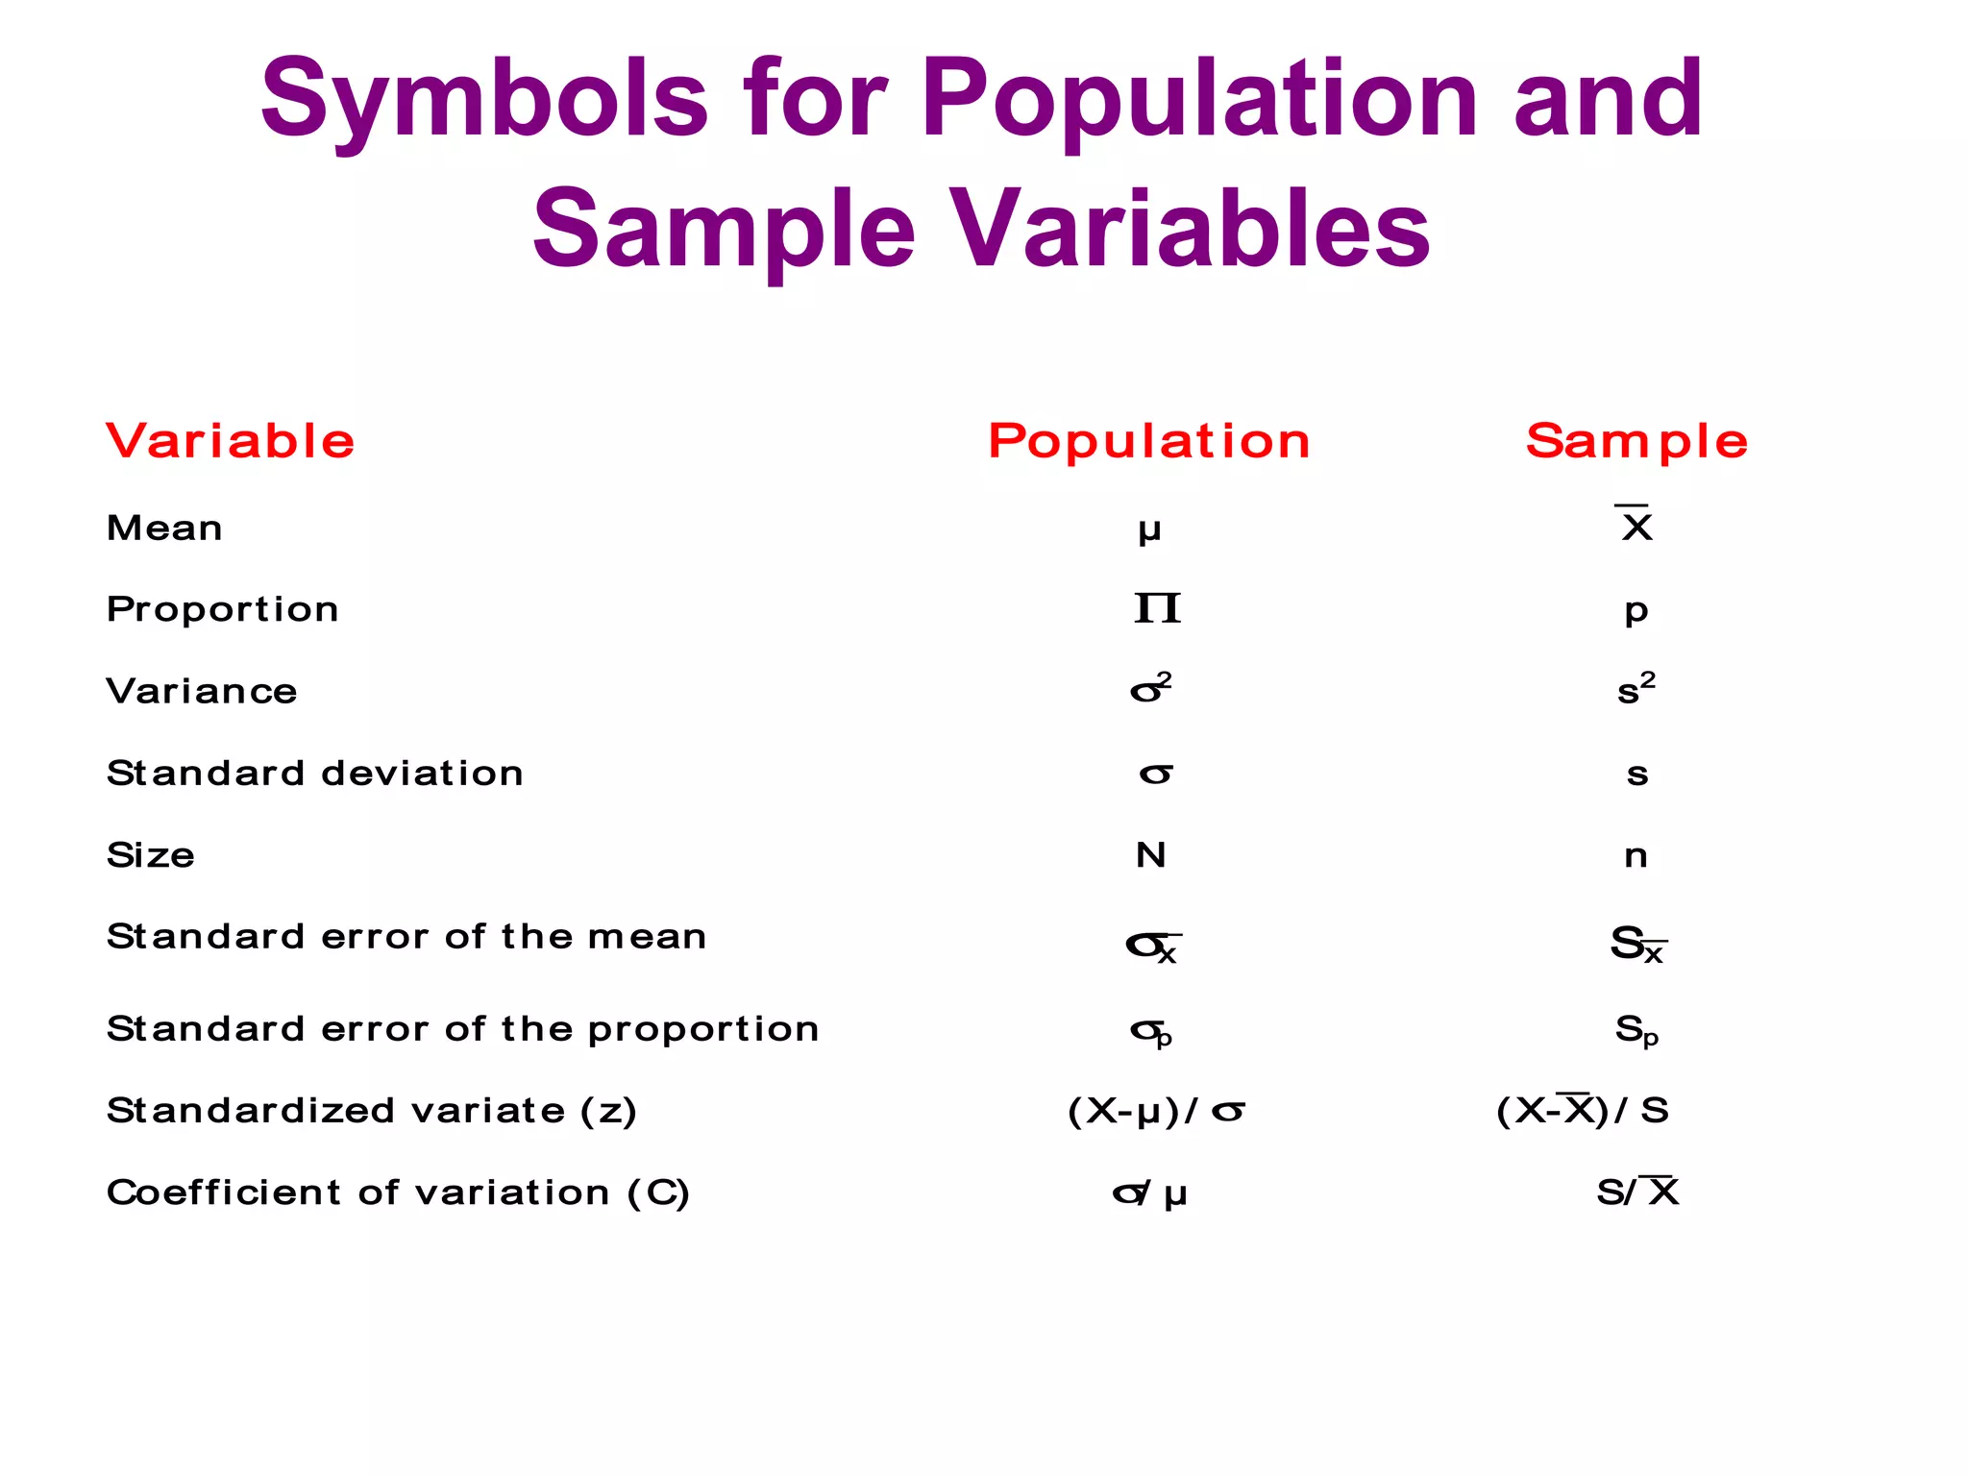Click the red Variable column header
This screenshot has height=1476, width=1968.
[x=231, y=441]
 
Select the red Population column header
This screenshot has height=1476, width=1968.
[x=1149, y=441]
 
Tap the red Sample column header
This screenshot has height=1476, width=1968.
[x=1636, y=441]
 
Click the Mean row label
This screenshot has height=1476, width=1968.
[x=164, y=528]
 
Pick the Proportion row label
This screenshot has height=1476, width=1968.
[x=222, y=609]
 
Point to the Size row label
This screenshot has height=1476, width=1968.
[x=151, y=854]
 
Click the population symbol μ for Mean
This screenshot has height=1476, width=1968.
[x=1149, y=529]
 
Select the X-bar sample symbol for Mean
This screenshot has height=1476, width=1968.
[x=1635, y=524]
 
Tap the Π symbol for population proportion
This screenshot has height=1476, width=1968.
[x=1156, y=608]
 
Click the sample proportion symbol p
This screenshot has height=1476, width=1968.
[x=1636, y=611]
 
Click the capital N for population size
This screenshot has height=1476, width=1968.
[x=1150, y=854]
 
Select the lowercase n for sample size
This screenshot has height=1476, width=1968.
[x=1636, y=855]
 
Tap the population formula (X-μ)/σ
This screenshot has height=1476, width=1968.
[x=1156, y=1111]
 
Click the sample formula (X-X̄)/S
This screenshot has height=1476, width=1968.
[x=1583, y=1110]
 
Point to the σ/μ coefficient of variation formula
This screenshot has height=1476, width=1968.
[x=1149, y=1193]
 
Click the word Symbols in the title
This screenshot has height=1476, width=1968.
[x=484, y=100]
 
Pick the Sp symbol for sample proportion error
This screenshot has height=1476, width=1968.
[x=1636, y=1031]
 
